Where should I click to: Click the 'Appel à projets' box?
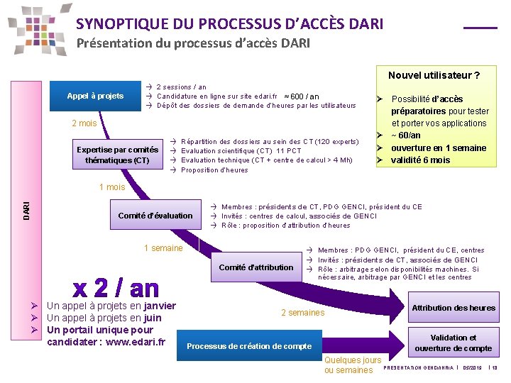pyautogui.click(x=95, y=96)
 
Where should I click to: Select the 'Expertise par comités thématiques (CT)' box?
pyautogui.click(x=118, y=155)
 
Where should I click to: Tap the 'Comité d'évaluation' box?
pyautogui.click(x=155, y=216)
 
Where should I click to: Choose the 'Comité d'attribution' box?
pyautogui.click(x=255, y=267)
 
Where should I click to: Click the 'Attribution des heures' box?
pyautogui.click(x=454, y=307)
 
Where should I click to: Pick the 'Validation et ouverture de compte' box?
pyautogui.click(x=454, y=343)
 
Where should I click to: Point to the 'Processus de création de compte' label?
pyautogui.click(x=248, y=346)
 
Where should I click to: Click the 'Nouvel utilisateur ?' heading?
pyautogui.click(x=434, y=76)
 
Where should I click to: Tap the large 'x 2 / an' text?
pyautogui.click(x=116, y=288)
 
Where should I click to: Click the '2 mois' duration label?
pyautogui.click(x=84, y=123)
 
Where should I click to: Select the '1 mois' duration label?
pyautogui.click(x=112, y=187)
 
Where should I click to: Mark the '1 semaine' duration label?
pyautogui.click(x=163, y=248)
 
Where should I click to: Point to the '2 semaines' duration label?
pyautogui.click(x=302, y=313)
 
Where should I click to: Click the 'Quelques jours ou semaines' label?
pyautogui.click(x=353, y=365)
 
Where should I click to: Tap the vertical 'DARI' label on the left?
pyautogui.click(x=26, y=209)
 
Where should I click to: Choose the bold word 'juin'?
pyautogui.click(x=152, y=318)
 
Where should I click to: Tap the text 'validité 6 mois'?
pyautogui.click(x=420, y=160)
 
